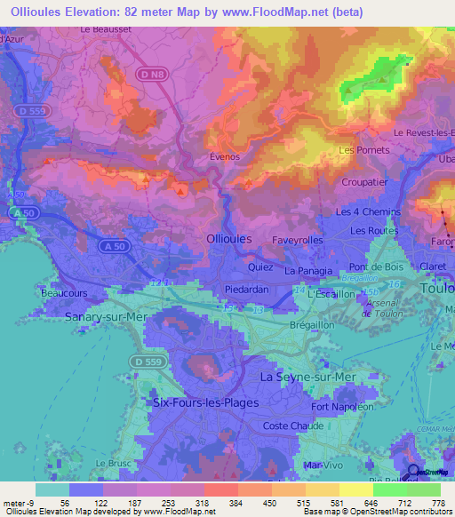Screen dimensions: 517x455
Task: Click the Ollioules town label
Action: tap(228, 239)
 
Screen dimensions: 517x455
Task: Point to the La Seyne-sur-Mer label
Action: tap(307, 377)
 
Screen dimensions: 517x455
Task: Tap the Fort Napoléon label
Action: tap(342, 407)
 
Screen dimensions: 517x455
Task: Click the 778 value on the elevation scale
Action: tap(437, 504)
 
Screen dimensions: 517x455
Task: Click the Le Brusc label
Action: tap(113, 464)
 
